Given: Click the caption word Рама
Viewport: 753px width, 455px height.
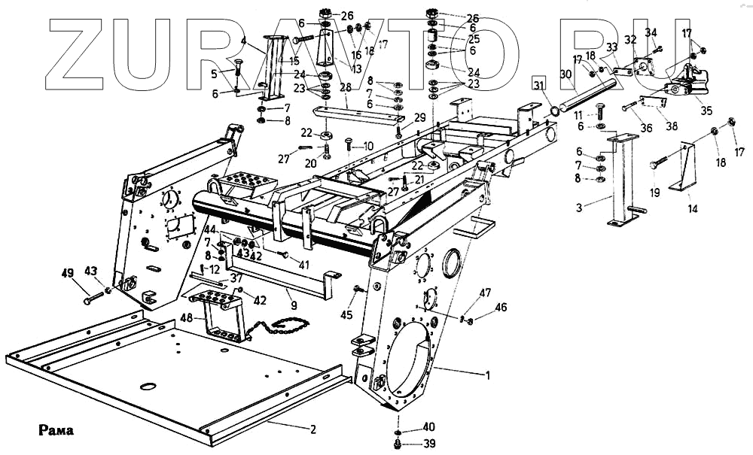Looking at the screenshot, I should [55, 432].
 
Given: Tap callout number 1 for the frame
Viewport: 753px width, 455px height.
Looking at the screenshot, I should [488, 374].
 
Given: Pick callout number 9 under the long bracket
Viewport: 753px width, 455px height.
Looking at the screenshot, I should [294, 306].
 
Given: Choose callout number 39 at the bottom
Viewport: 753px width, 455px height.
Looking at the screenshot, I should [428, 443].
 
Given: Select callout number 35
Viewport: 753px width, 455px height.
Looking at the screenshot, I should [706, 110].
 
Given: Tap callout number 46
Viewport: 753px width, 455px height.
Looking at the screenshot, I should [501, 308].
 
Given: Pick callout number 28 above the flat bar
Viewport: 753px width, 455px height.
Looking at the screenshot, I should [346, 87].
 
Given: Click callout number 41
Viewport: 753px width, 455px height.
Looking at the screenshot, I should [303, 265].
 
